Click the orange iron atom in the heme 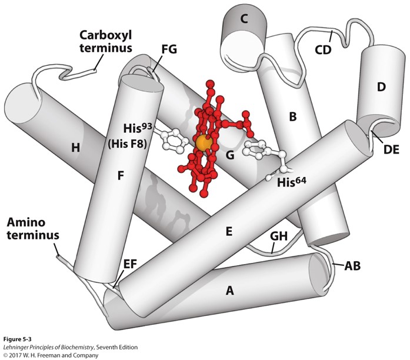(204, 143)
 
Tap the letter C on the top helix (243, 19)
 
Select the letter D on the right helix (381, 87)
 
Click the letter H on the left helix (75, 148)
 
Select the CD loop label (324, 49)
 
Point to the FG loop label (169, 52)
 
